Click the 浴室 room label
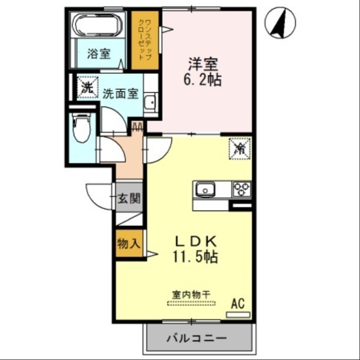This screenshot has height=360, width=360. coord(99,54)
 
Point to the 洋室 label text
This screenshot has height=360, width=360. coord(200,63)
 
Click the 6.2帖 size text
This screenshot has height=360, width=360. coord(201,80)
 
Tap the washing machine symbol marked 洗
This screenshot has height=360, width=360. coord(86,87)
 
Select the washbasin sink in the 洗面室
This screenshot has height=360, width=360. coord(151,102)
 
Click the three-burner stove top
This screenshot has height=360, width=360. coord(241,189)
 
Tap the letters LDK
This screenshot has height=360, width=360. coord(195,241)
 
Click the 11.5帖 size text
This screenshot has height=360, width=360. coord(194,257)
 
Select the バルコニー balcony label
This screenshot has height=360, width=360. coord(196,337)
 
